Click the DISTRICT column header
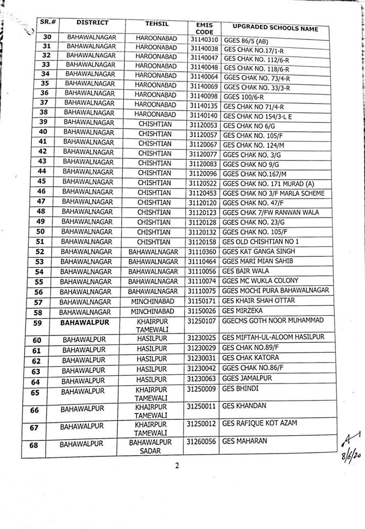pyautogui.click(x=92, y=23)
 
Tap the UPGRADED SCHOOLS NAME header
pyautogui.click(x=275, y=28)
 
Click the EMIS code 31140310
pyautogui.click(x=204, y=40)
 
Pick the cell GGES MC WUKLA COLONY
pyautogui.click(x=259, y=281)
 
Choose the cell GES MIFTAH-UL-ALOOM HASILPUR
pyautogui.click(x=273, y=337)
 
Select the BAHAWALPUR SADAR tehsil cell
pyautogui.click(x=150, y=446)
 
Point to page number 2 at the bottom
pyautogui.click(x=178, y=466)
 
